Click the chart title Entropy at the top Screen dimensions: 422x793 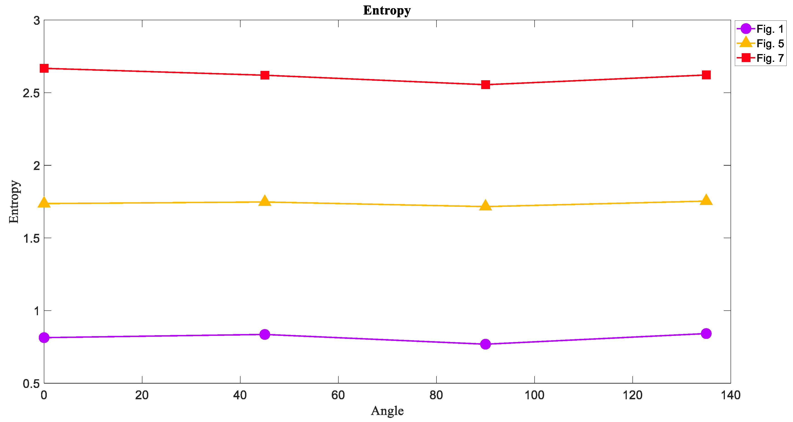point(387,10)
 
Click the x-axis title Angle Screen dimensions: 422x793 point(387,411)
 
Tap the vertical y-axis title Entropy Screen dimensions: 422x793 point(14,202)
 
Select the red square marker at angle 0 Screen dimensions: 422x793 point(44,68)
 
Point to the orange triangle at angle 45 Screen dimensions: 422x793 point(265,201)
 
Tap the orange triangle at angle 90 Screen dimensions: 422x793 point(486,205)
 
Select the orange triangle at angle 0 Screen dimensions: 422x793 point(44,202)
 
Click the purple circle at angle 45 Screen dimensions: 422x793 point(265,334)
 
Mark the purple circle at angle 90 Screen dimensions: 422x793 point(486,344)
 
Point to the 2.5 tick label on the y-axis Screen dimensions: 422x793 point(31,93)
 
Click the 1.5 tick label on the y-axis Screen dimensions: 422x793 point(31,238)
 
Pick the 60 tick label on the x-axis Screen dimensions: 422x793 point(338,395)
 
